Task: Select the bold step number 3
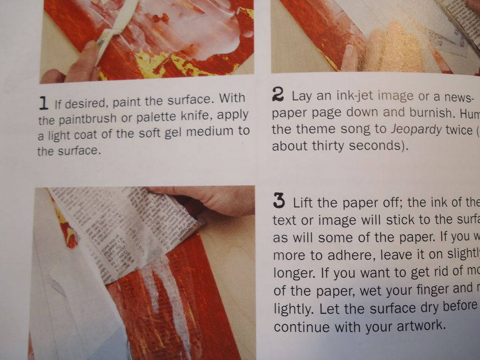point(278,202)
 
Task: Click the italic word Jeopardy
point(414,130)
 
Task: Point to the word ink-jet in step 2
point(354,97)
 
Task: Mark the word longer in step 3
point(293,273)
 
